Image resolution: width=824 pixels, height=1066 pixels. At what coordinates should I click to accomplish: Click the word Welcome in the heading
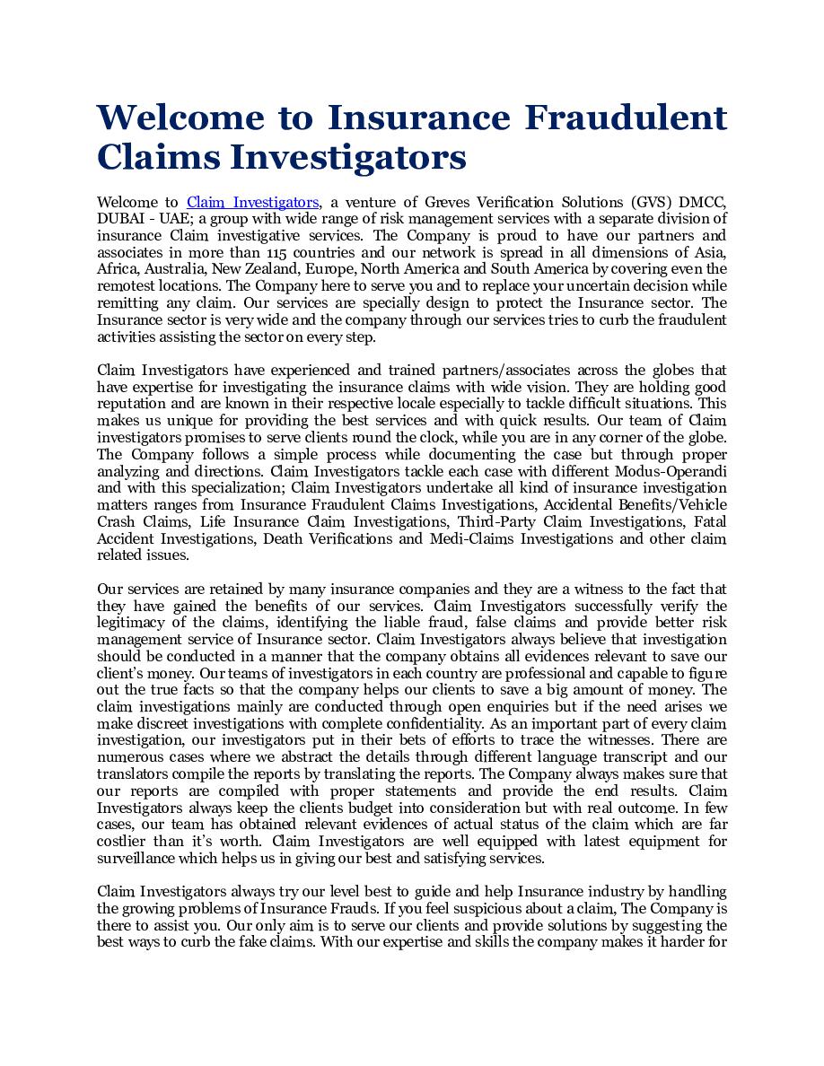[x=180, y=118]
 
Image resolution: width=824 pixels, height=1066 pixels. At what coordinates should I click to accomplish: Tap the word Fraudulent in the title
[x=626, y=118]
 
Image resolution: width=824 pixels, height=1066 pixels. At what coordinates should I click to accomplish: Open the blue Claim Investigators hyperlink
[x=252, y=203]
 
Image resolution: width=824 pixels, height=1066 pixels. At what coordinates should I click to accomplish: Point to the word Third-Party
[x=496, y=522]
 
